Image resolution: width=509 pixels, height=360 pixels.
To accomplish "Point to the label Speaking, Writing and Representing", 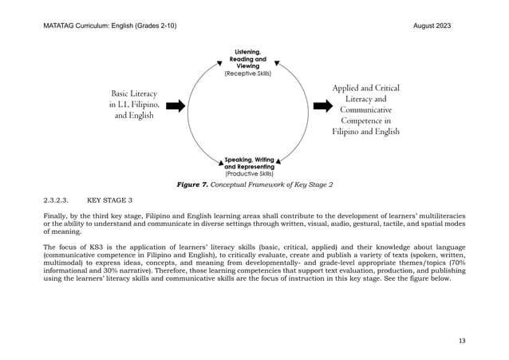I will tap(250, 163).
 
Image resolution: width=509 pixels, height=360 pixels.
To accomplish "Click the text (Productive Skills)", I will tap(250, 173).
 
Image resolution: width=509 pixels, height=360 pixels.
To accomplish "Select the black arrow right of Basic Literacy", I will tap(176, 105).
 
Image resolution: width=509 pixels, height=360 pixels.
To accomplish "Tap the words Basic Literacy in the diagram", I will tap(133, 93).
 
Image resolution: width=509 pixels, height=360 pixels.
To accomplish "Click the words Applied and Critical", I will tap(365, 87).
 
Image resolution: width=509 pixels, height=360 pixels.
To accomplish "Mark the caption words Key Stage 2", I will tap(313, 185).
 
